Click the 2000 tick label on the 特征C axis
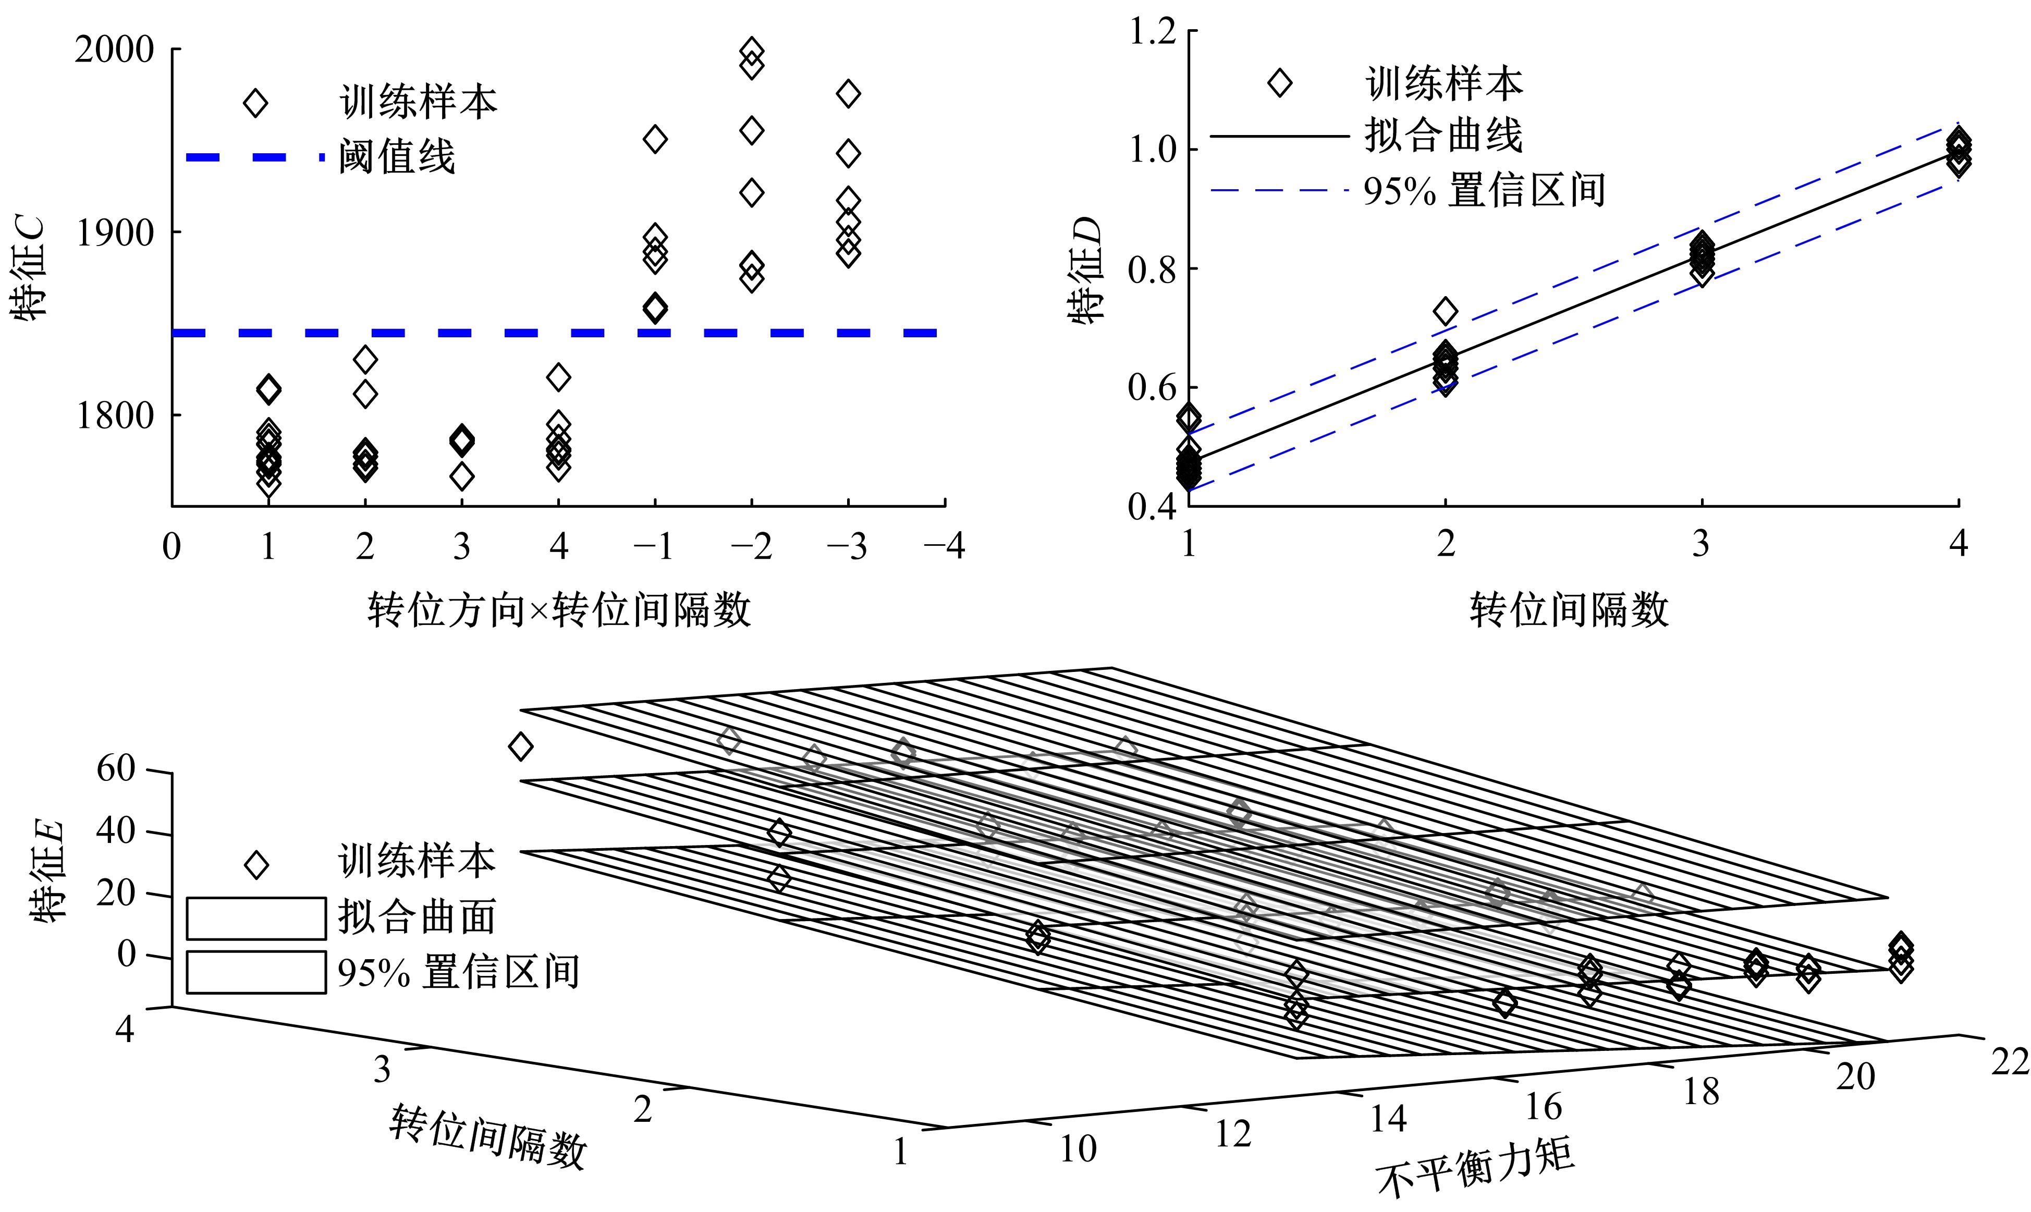114,51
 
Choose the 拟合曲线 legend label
1443,136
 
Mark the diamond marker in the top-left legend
255,104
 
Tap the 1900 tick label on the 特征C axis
114,234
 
